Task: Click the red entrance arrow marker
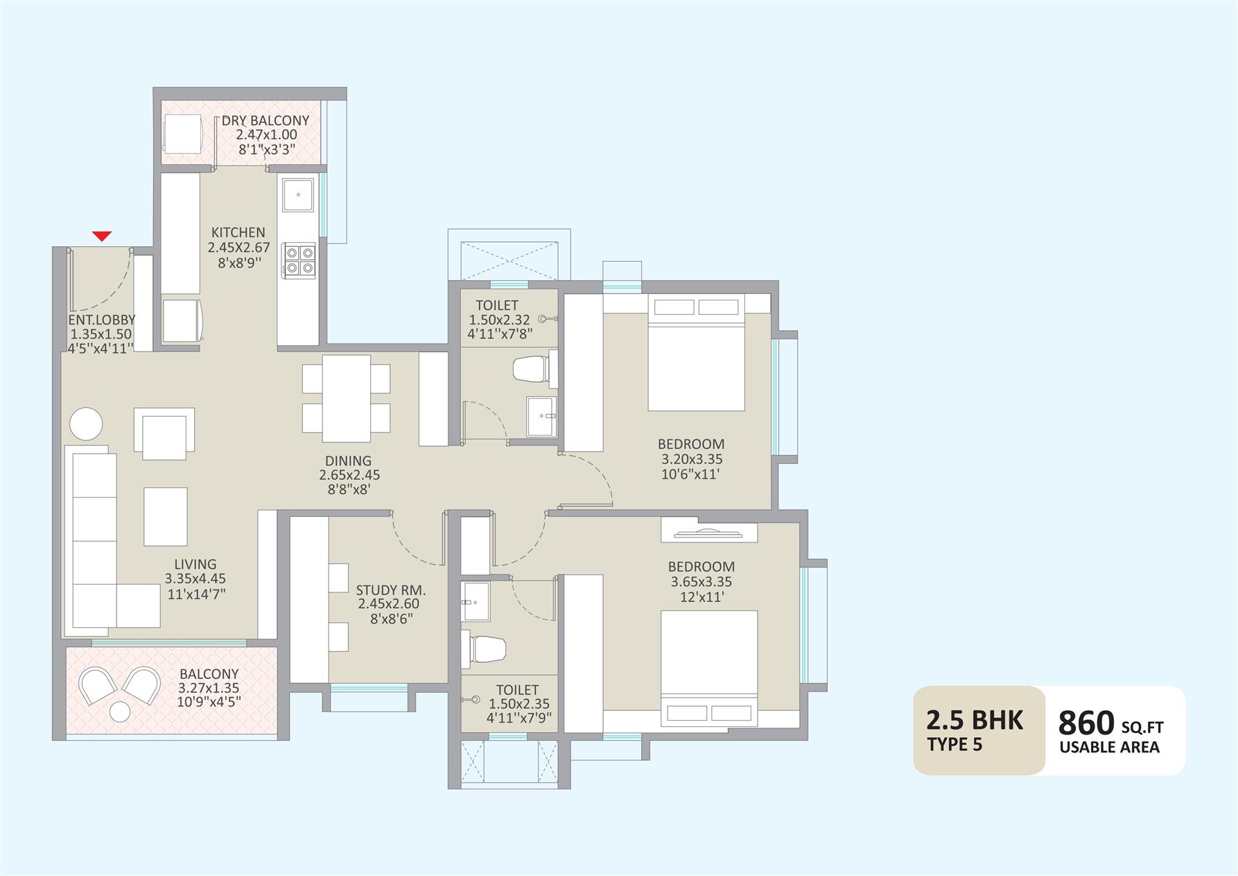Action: [x=102, y=236]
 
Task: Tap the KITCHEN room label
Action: [x=238, y=232]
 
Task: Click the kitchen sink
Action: [x=298, y=195]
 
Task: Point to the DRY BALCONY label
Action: [x=265, y=121]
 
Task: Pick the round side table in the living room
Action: [x=87, y=423]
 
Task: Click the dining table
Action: [x=347, y=398]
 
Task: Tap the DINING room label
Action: [x=349, y=461]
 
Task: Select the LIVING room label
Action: [x=195, y=565]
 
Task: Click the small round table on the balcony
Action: [x=121, y=712]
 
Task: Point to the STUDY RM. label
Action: [x=391, y=590]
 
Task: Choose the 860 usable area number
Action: [x=1086, y=723]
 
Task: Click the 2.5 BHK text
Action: [x=975, y=720]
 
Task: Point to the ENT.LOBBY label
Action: [x=102, y=320]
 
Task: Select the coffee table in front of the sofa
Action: [x=166, y=517]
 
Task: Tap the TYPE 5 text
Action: [x=954, y=746]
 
